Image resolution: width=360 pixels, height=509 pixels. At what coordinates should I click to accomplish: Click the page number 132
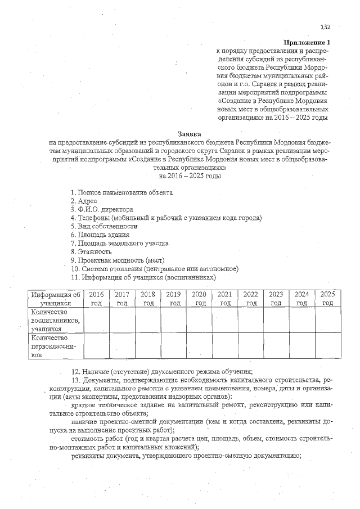tap(325, 26)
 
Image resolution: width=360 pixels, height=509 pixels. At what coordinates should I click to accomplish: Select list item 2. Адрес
tap(84, 201)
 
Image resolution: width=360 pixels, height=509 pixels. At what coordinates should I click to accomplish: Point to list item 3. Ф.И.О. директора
tap(102, 209)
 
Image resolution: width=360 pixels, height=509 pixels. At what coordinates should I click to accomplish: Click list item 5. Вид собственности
tap(103, 226)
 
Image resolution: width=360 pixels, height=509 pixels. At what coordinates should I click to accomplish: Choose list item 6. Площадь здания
tap(100, 235)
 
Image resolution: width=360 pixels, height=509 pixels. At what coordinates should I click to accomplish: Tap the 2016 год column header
tap(97, 299)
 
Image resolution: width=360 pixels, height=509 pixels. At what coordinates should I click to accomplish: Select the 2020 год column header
tap(199, 299)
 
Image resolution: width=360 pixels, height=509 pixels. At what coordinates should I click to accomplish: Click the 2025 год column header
tap(327, 299)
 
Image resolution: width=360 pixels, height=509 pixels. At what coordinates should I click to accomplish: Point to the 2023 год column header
tap(276, 299)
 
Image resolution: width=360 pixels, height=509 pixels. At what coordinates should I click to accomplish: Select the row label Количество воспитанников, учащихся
tap(56, 321)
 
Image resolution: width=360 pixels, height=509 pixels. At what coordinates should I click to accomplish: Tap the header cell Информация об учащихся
tap(56, 299)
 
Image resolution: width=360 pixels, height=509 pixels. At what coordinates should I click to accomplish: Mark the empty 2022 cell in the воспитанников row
tap(250, 321)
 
